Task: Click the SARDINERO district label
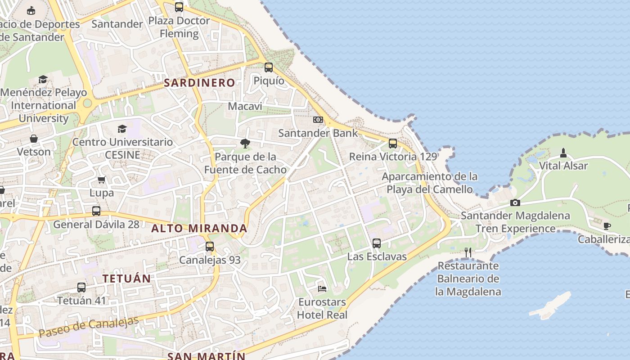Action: [x=199, y=83]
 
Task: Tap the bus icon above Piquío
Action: [x=269, y=67]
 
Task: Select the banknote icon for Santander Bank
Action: [x=318, y=120]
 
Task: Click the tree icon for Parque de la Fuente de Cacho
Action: [x=245, y=144]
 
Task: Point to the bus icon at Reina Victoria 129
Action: [x=393, y=144]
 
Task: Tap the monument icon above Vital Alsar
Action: [x=563, y=153]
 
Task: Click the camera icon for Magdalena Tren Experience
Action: [x=515, y=203]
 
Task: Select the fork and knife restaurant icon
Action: [x=468, y=252]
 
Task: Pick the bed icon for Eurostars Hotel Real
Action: [x=322, y=288]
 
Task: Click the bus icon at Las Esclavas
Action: [x=377, y=243]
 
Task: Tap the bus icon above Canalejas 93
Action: [x=210, y=247]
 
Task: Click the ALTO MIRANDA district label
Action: [x=199, y=228]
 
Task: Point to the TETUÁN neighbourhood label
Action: [x=126, y=279]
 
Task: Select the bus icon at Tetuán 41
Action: [x=81, y=287]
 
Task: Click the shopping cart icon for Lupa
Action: [x=102, y=180]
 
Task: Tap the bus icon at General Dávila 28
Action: [x=96, y=211]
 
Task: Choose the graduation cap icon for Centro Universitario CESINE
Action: [x=122, y=129]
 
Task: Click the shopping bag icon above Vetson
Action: [x=34, y=139]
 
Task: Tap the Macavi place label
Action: [x=245, y=106]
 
